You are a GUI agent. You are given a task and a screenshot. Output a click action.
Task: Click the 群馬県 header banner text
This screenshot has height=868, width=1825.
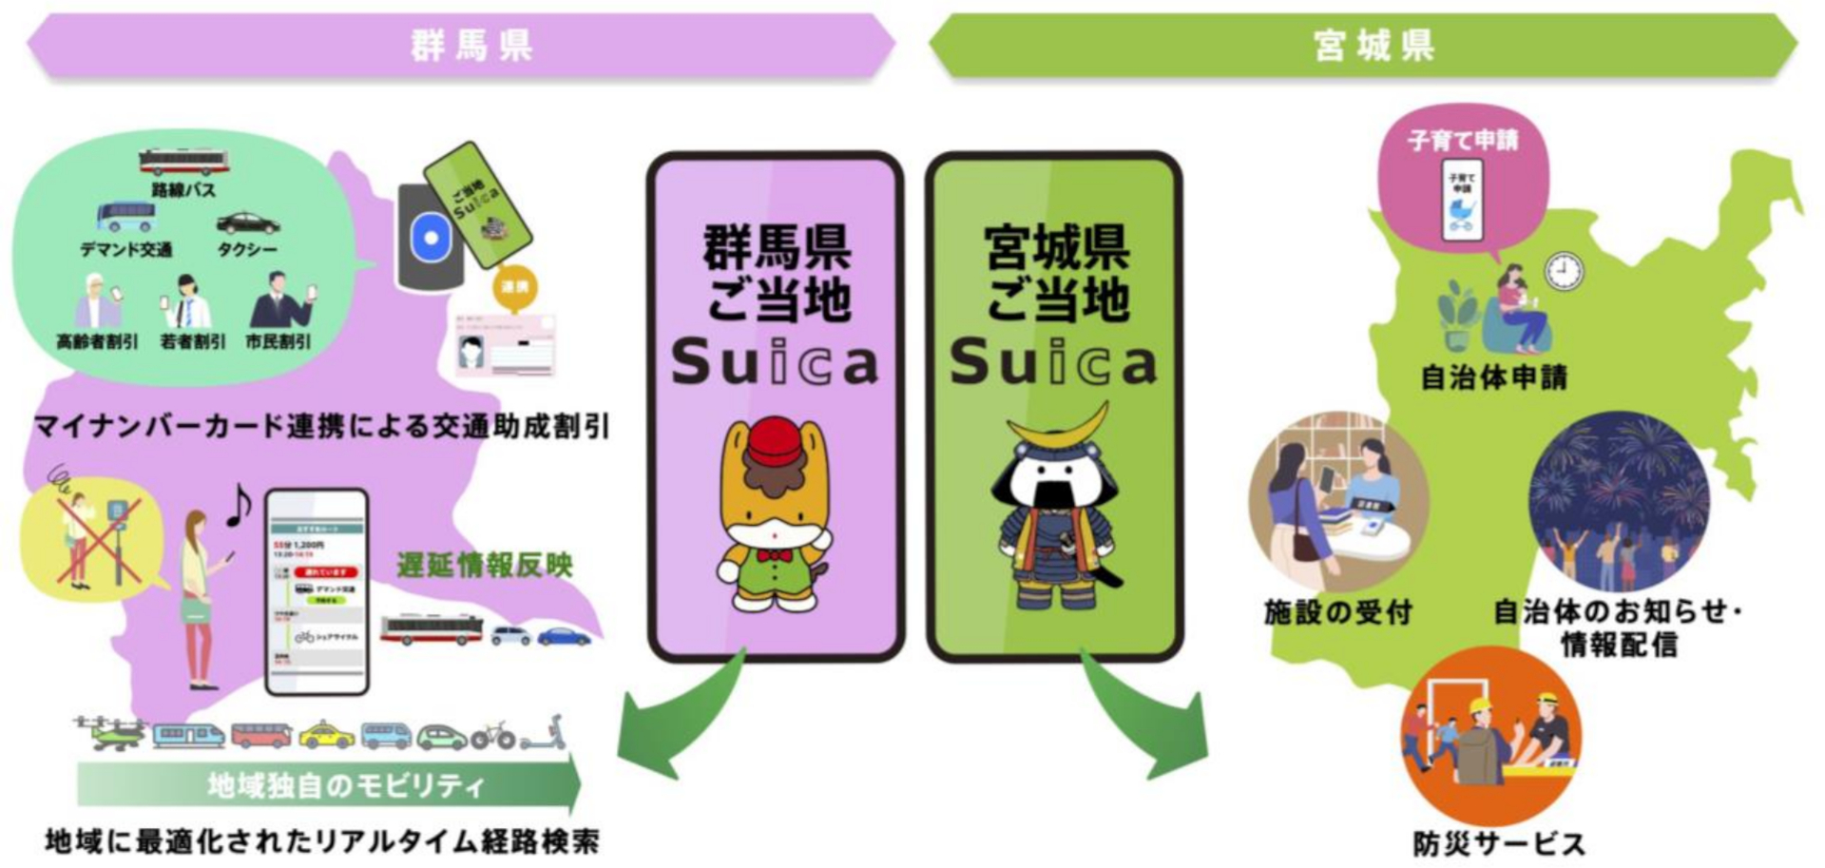tap(471, 45)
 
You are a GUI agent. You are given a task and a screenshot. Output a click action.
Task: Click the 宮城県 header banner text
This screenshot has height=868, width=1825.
tap(1373, 45)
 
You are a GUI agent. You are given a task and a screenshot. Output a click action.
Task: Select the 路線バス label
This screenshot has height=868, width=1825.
tap(183, 190)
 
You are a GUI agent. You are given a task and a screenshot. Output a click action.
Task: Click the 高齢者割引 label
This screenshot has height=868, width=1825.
tap(97, 341)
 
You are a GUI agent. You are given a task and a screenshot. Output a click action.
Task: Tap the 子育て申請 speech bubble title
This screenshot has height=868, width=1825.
tap(1463, 141)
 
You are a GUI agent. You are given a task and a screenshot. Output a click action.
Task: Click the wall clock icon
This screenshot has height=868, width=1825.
tap(1564, 272)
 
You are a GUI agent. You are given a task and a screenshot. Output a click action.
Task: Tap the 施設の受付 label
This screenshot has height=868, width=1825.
tap(1337, 611)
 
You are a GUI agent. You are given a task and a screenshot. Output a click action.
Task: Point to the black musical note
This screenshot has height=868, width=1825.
tap(239, 504)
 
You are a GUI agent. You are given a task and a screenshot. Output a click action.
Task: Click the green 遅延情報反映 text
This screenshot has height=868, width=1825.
tap(485, 565)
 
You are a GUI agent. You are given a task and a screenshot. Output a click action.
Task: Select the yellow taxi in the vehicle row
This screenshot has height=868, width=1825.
tap(326, 734)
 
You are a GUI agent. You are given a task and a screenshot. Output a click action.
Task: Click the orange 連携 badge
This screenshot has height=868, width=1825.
tap(514, 285)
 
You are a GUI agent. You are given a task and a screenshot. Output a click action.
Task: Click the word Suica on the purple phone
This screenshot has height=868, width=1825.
tap(774, 363)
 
